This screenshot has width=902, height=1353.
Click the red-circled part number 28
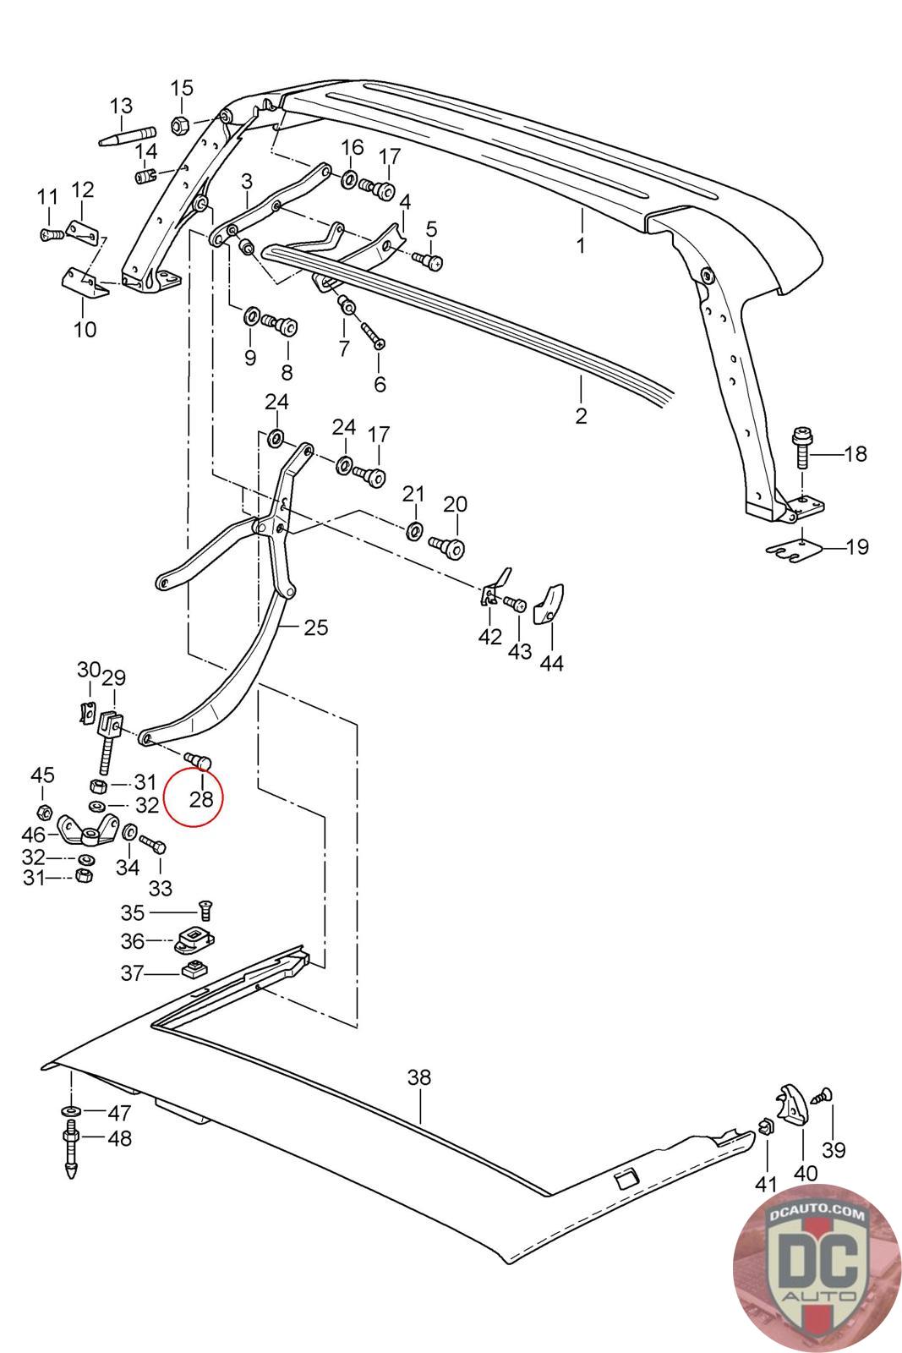tap(201, 797)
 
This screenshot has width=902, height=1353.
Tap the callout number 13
tap(122, 107)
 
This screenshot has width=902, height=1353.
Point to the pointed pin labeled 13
tap(127, 137)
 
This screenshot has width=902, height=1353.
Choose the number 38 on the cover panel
tap(419, 1077)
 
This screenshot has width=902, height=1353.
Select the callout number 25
tap(316, 627)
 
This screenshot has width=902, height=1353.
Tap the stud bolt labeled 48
tap(71, 1148)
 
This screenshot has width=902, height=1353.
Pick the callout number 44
tap(552, 663)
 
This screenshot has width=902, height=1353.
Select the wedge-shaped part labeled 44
tap(549, 602)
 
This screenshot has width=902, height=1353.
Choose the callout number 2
tap(581, 416)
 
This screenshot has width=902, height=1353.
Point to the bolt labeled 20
tap(447, 546)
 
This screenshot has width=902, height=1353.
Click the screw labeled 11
tap(48, 233)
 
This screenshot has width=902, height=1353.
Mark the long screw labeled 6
tap(373, 334)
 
